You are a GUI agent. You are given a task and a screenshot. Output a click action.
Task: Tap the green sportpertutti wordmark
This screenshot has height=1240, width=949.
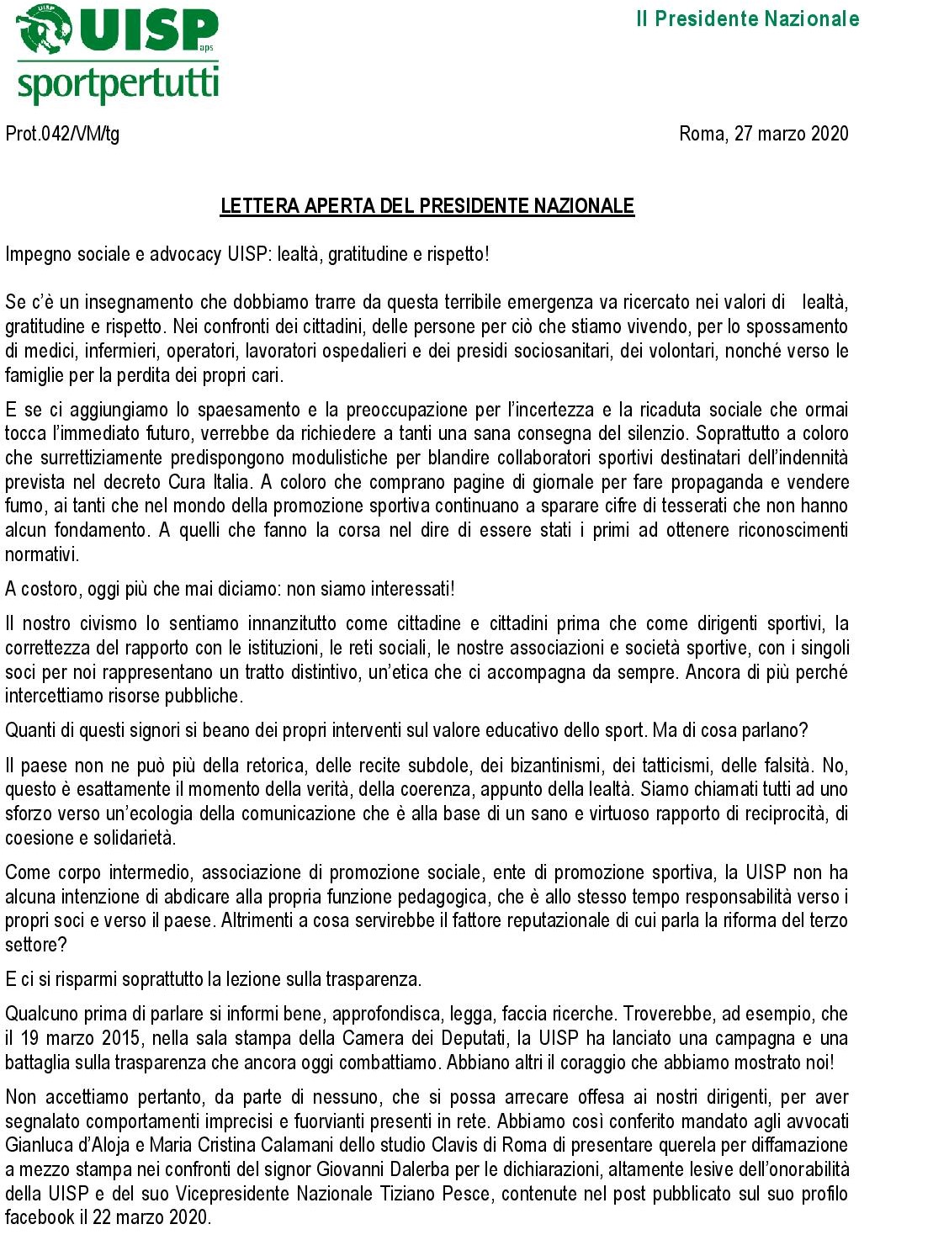pyautogui.click(x=118, y=85)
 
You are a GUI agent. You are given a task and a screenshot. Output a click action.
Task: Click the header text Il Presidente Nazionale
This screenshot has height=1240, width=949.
pyautogui.click(x=747, y=19)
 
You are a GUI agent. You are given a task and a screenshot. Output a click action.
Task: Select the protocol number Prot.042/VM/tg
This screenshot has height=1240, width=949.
pyautogui.click(x=62, y=134)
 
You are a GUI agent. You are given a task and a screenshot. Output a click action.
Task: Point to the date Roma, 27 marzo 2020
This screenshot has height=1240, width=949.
pyautogui.click(x=763, y=134)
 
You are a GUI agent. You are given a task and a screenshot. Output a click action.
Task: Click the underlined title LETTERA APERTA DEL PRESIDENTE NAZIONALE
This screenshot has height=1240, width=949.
pyautogui.click(x=427, y=206)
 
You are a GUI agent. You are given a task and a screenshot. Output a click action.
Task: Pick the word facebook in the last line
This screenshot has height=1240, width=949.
pyautogui.click(x=40, y=1217)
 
